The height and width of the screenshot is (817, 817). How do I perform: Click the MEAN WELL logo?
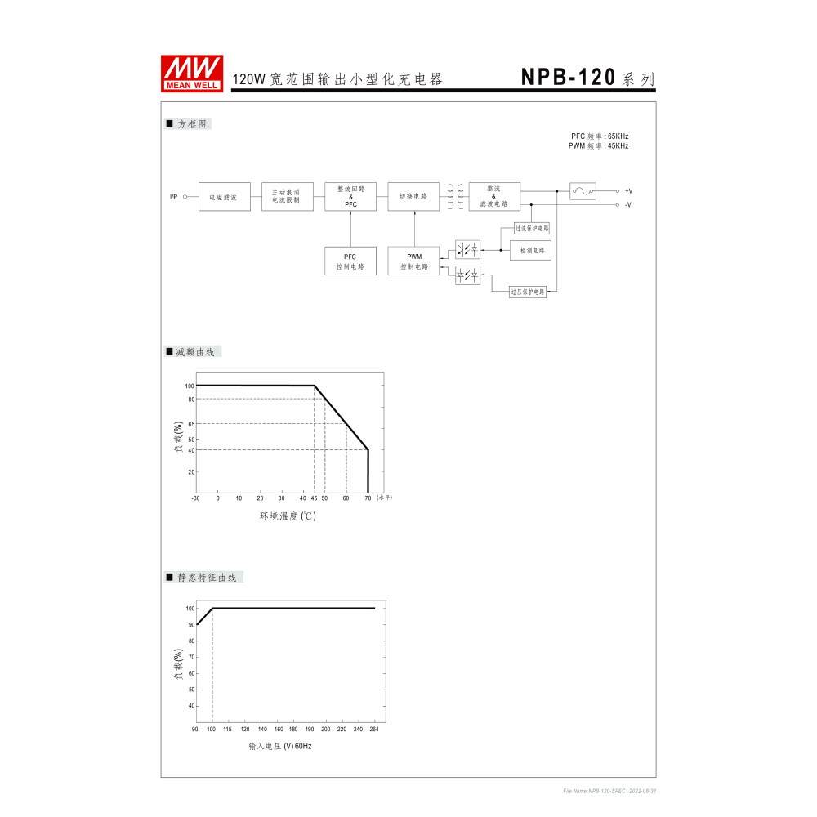[x=193, y=74]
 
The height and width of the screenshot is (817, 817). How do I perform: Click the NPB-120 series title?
[x=587, y=78]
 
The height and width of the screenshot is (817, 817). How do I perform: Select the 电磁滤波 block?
[x=224, y=197]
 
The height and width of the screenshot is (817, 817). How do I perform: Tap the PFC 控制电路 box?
[x=350, y=261]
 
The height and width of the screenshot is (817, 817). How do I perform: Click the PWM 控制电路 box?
[x=413, y=261]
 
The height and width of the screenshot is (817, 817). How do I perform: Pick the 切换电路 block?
[x=413, y=197]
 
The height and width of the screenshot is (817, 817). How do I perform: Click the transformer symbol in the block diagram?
[x=455, y=197]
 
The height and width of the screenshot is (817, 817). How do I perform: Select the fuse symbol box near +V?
[x=583, y=191]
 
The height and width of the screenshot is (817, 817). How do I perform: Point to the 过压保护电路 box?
[x=528, y=292]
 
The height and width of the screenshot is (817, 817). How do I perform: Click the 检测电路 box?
[x=530, y=251]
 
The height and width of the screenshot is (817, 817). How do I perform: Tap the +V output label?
[x=628, y=191]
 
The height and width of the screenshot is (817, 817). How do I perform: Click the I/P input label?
[x=173, y=197]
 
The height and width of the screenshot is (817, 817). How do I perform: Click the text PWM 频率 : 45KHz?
[x=599, y=146]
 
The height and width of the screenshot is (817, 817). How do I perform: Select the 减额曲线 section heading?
[x=194, y=352]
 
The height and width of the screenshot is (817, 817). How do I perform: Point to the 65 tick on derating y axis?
[x=190, y=424]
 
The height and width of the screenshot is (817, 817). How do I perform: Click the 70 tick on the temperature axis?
[x=368, y=498]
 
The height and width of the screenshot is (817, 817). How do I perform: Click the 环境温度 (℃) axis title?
[x=288, y=516]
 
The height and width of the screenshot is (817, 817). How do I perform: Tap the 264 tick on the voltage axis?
[x=375, y=729]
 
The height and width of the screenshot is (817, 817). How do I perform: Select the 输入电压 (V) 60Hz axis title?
[x=280, y=747]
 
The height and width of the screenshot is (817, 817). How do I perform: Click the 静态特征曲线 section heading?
[x=206, y=578]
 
